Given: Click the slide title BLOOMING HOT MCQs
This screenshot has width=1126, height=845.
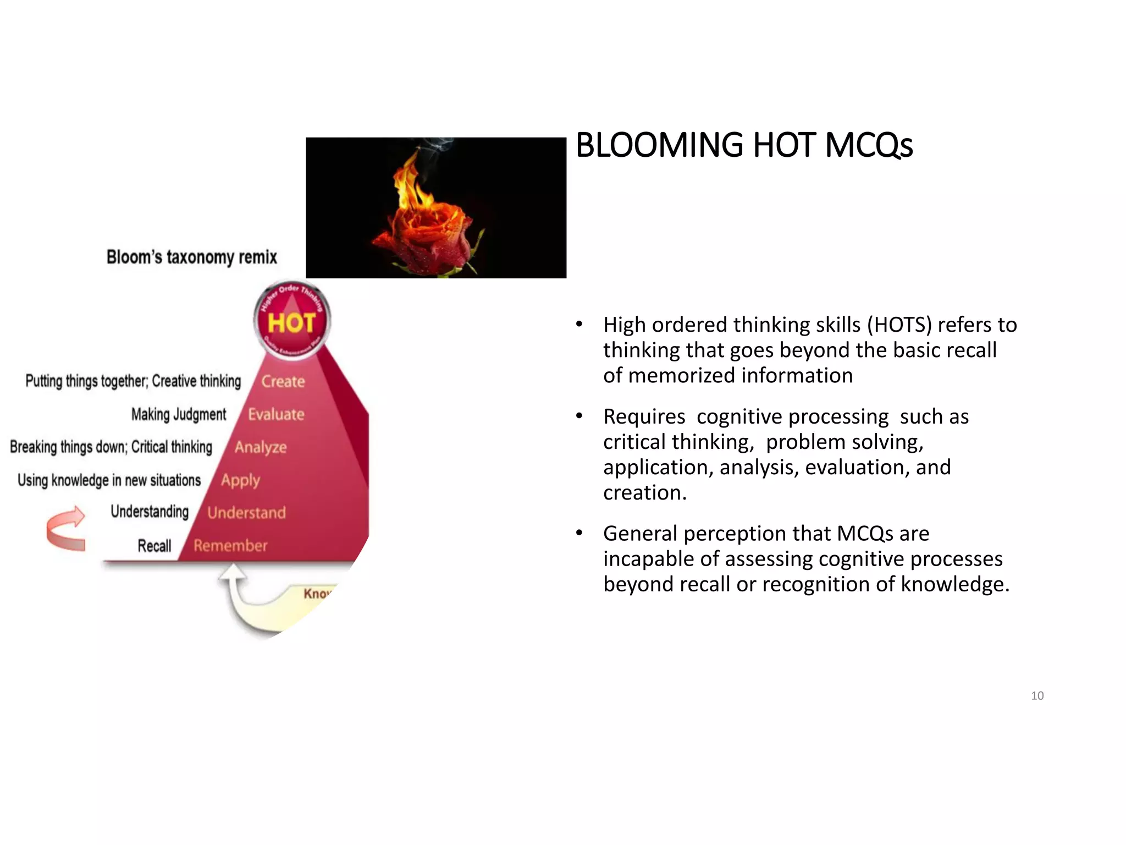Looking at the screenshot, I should click(x=744, y=145).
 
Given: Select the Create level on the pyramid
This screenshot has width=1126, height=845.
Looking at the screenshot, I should click(x=283, y=381).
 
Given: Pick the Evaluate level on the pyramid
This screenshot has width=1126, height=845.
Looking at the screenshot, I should click(x=275, y=414).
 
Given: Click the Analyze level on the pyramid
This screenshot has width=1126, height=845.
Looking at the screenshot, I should click(x=261, y=447).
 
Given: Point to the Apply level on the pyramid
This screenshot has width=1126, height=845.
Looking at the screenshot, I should click(x=240, y=480).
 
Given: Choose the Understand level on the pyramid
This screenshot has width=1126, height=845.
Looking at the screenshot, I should click(x=246, y=513).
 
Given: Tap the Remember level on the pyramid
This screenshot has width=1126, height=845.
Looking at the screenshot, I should click(x=230, y=546).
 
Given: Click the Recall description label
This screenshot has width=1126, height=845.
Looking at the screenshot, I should click(x=154, y=546).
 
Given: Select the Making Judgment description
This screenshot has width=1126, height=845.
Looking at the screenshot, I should click(x=179, y=414).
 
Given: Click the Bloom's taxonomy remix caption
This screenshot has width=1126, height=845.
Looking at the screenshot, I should click(x=191, y=257).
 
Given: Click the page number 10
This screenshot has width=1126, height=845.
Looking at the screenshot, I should click(x=1037, y=696).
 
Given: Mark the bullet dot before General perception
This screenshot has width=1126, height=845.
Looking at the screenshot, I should click(x=579, y=533).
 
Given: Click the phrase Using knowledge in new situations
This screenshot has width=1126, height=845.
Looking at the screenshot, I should click(x=109, y=480).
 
